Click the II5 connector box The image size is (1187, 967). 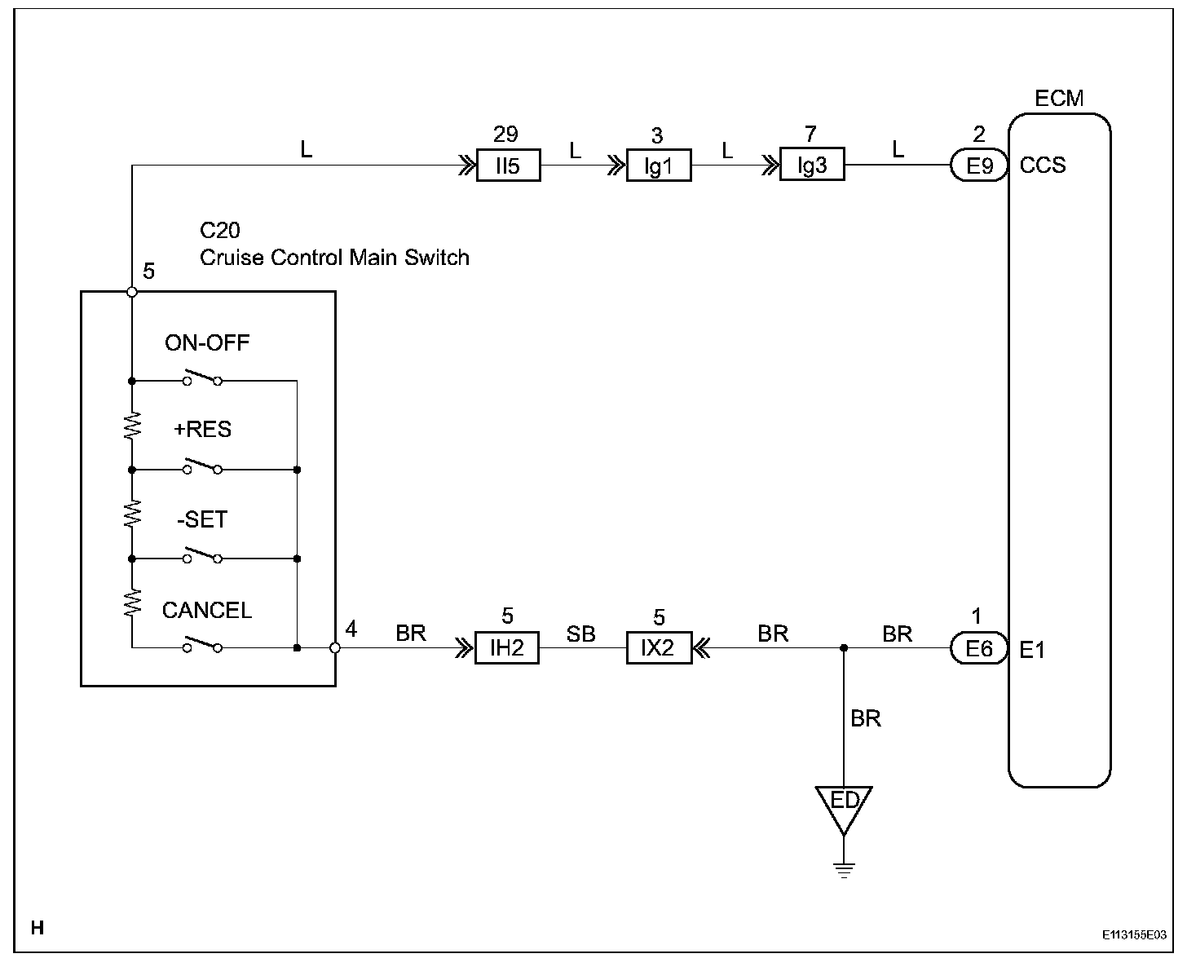tap(508, 166)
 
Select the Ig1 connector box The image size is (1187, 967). tap(659, 166)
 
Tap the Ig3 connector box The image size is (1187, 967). tap(812, 166)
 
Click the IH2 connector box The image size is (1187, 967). tap(507, 648)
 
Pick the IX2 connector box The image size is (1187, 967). tap(659, 648)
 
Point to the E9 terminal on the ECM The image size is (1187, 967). tap(979, 166)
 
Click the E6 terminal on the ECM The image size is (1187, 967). tap(979, 649)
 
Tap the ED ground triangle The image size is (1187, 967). tap(844, 804)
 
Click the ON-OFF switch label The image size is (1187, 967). tap(207, 342)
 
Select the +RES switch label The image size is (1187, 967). tap(202, 430)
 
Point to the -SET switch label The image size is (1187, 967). tap(202, 519)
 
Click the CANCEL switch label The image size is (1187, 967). tap(207, 610)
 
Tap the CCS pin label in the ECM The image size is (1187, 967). tap(1043, 166)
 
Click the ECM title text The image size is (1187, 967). tap(1059, 99)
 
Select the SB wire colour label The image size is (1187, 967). tap(580, 634)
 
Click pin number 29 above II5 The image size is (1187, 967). tap(506, 134)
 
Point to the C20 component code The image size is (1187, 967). tap(220, 231)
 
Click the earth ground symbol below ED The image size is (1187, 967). tap(844, 869)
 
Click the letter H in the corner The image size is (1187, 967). tap(37, 927)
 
